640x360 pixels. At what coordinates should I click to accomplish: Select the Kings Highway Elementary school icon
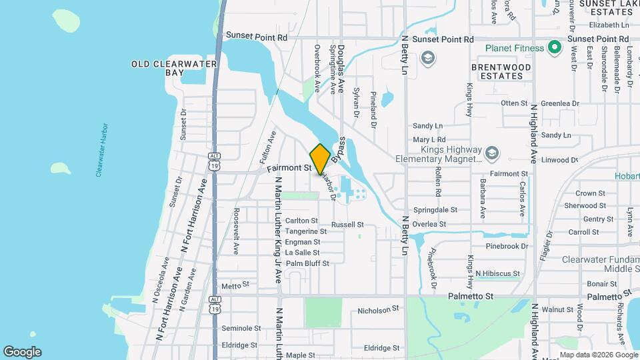pos(492,153)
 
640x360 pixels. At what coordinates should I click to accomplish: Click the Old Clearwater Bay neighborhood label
pos(165,68)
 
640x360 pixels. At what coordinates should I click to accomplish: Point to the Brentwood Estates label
pos(501,71)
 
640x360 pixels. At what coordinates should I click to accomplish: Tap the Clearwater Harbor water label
pos(102,150)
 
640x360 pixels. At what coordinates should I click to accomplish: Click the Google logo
pos(22,352)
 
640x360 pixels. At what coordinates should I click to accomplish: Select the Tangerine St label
pos(305,231)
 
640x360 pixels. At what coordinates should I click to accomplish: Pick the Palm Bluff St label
pos(307,263)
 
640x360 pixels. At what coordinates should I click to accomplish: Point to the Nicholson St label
pos(378,309)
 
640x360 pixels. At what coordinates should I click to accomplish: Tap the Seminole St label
pos(241,328)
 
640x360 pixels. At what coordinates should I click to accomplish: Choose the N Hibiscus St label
pos(497,273)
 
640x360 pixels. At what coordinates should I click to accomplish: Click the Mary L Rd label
pos(429,140)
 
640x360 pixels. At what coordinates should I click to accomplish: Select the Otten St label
pos(514,103)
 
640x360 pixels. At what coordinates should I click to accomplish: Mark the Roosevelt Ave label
pos(236,231)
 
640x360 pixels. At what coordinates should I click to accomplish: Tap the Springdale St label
pos(435,209)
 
